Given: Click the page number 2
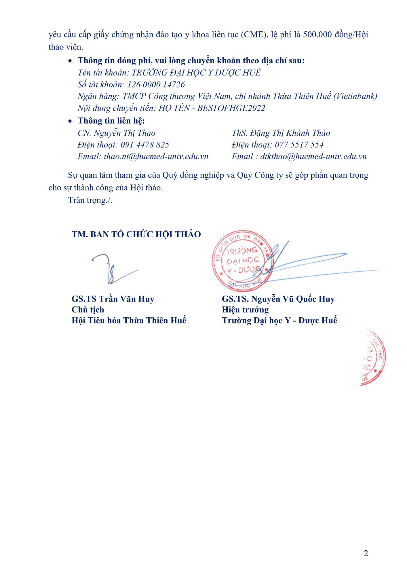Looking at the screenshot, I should coord(366,553).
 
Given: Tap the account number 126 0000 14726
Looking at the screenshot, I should coord(156,84).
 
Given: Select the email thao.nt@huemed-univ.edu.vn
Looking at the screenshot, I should coord(156,156).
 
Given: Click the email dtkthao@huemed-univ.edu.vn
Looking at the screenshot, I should coord(313,156).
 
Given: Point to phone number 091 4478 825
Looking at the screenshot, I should coord(145,145).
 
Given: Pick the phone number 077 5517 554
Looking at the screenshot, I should coord(299,145).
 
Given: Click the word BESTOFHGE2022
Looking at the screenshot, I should coord(231,108).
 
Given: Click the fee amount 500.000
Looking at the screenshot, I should coord(317,35).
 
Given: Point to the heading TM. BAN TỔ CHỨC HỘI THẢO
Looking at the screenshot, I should coord(136,234).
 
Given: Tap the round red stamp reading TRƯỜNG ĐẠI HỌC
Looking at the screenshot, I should coord(243,261).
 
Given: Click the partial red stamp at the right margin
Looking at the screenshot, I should coord(373,357).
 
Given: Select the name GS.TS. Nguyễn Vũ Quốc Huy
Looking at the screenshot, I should coord(278,299).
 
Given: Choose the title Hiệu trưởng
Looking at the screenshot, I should coord(245,310).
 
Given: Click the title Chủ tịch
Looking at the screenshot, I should coord(88,310).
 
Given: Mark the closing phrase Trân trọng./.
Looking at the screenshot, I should coord(90,200).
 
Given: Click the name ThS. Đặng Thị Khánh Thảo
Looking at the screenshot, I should coord(281,133).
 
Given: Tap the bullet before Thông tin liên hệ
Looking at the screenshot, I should coord(70,121).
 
